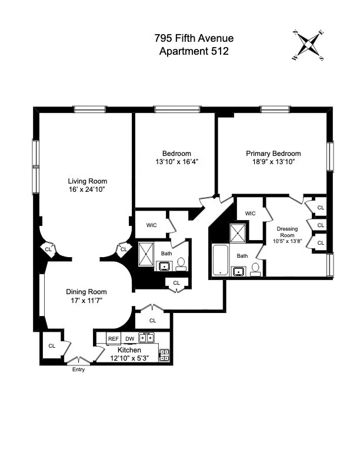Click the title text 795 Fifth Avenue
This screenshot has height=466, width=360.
(x=194, y=38)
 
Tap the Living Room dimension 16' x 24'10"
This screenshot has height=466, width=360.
(x=88, y=189)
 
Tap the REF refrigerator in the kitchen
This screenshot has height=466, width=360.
(x=113, y=339)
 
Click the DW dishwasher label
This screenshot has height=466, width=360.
(x=129, y=339)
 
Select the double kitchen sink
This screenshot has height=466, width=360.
(x=146, y=338)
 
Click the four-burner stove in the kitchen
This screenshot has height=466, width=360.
(x=165, y=355)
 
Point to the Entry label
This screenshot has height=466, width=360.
(x=78, y=370)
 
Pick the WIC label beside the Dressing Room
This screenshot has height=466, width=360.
(x=250, y=213)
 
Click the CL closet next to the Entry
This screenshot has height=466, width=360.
(x=52, y=346)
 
